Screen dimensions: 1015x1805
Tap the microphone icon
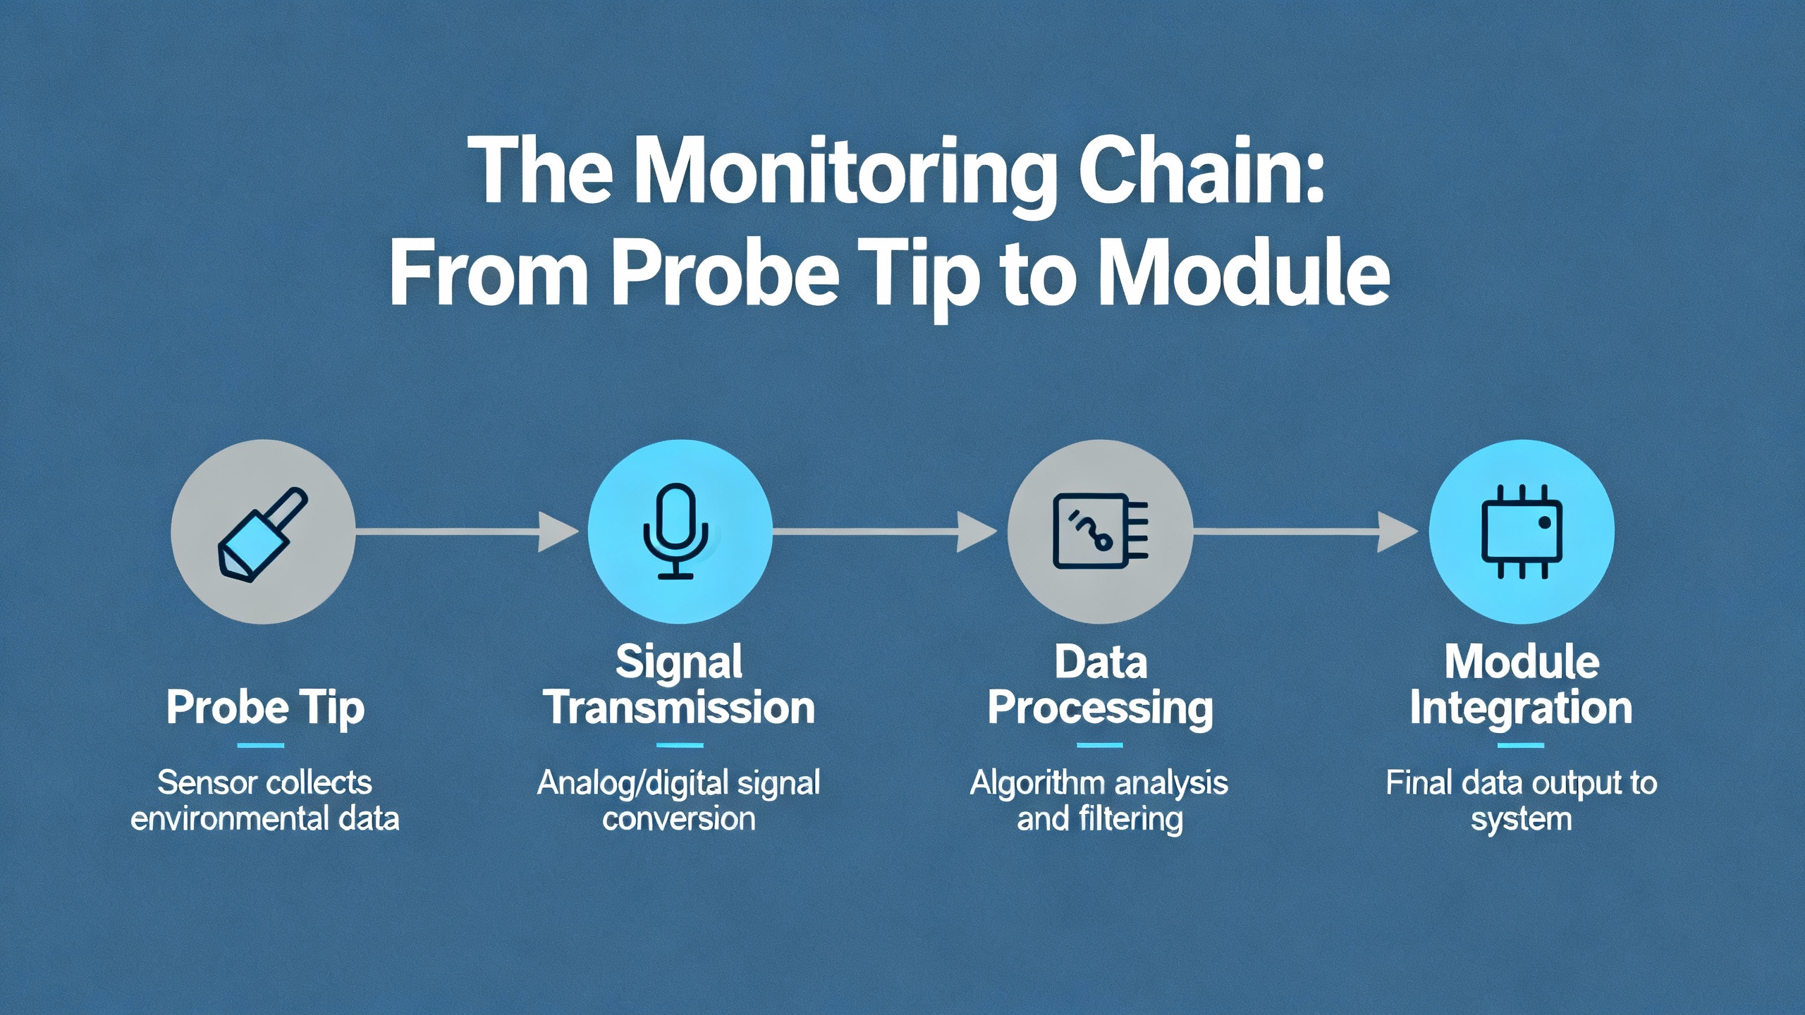click(677, 531)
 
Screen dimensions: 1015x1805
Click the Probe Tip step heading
click(265, 708)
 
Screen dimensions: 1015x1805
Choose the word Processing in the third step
click(1100, 708)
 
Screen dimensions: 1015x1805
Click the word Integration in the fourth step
click(1521, 708)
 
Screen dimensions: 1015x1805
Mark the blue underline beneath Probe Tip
click(261, 745)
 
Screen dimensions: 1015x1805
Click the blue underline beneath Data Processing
click(1100, 745)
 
